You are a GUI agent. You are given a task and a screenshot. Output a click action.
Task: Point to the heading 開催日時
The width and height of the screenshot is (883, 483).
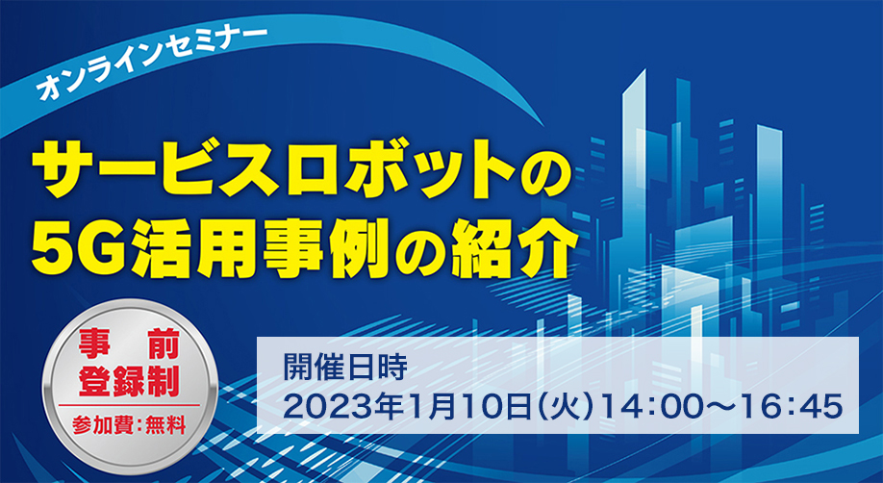click(x=344, y=369)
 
